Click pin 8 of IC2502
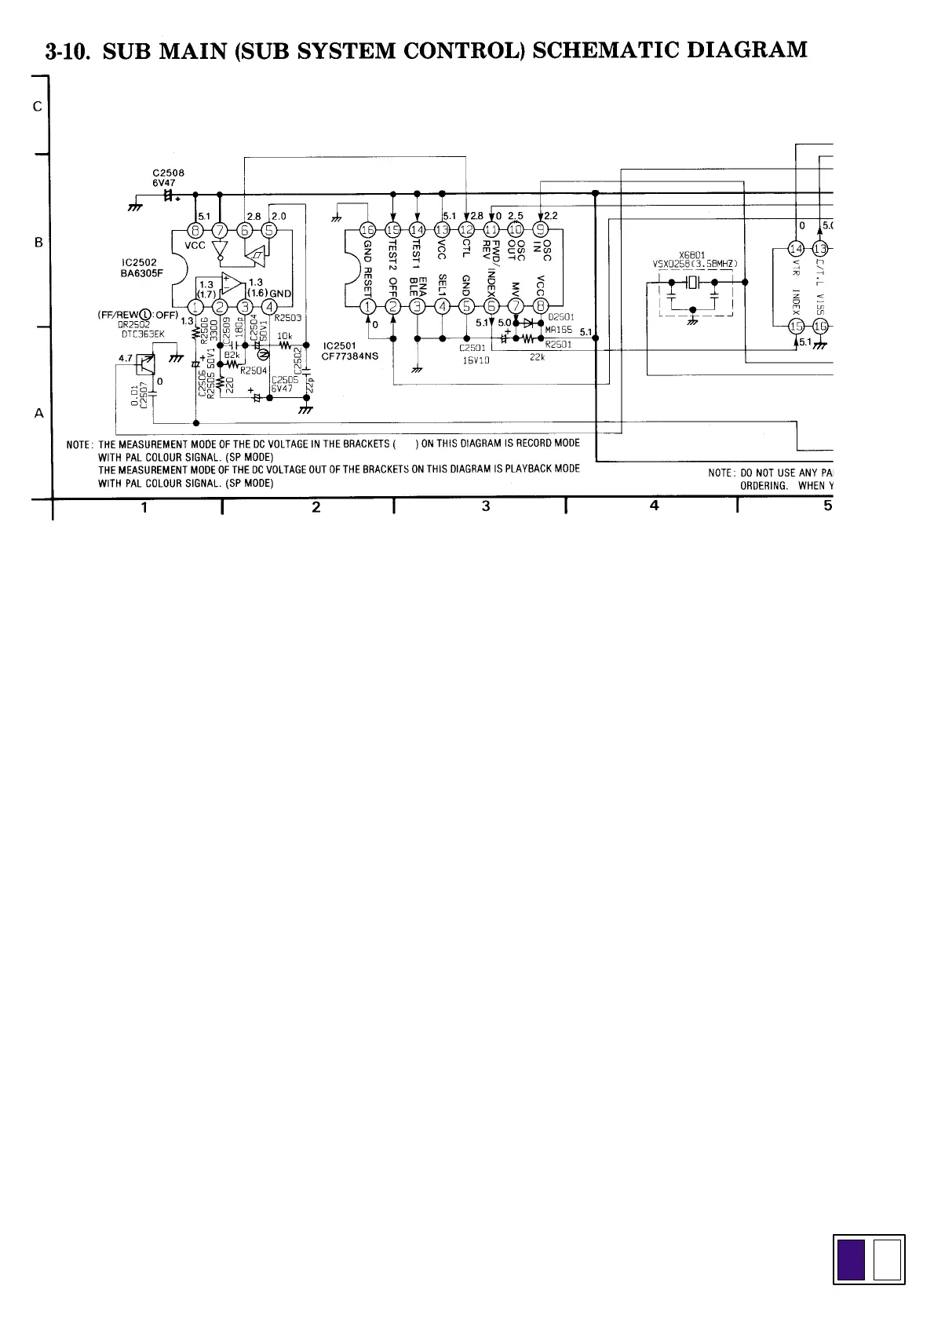click(195, 230)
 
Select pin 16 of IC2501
click(367, 229)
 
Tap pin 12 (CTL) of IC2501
click(466, 229)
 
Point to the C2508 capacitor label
click(168, 173)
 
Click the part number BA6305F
click(142, 274)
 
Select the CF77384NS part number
click(349, 355)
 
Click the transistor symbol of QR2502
click(145, 363)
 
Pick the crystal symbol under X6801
click(693, 283)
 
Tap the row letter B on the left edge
click(38, 242)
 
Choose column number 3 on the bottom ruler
click(486, 506)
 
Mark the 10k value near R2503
click(284, 336)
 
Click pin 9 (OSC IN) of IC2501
click(541, 229)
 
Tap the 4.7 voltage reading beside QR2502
click(126, 358)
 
